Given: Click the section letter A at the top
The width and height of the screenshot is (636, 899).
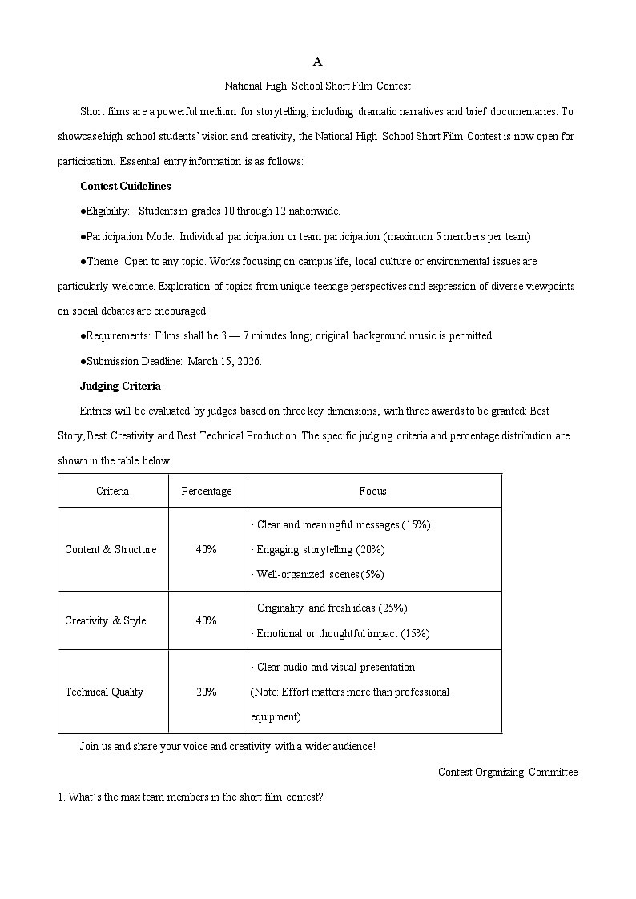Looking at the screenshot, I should click(x=317, y=62).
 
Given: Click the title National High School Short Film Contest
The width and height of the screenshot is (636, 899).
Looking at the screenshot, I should click(x=317, y=86).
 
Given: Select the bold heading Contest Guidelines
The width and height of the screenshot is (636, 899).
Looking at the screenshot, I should click(x=125, y=186).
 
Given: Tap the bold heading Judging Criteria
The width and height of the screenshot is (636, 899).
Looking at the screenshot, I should click(x=120, y=386).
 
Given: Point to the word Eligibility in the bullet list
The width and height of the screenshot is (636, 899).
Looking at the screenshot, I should click(x=107, y=211).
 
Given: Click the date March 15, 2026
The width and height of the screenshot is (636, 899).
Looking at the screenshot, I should click(x=225, y=361).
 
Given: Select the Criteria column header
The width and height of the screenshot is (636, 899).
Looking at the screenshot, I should click(x=112, y=491).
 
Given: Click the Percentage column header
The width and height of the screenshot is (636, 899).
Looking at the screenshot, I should click(x=206, y=491).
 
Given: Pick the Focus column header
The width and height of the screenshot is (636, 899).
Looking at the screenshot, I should click(x=372, y=491).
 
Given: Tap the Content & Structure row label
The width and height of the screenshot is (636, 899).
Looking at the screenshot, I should click(x=111, y=549).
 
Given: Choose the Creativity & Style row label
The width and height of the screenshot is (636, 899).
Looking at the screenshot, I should click(x=106, y=620).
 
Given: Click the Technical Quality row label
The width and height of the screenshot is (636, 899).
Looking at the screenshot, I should click(x=104, y=692).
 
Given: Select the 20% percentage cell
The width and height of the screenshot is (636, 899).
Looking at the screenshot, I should click(x=206, y=692).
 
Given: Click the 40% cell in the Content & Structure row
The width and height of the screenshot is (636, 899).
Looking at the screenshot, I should click(x=206, y=549).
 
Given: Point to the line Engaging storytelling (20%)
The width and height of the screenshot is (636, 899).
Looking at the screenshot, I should click(x=319, y=549).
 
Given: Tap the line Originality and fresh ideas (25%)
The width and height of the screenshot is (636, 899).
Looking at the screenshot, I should click(x=330, y=608).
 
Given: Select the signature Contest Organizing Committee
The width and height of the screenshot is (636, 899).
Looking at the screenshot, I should click(x=507, y=772).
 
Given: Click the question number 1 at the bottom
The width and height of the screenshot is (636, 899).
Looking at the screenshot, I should click(x=60, y=797).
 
